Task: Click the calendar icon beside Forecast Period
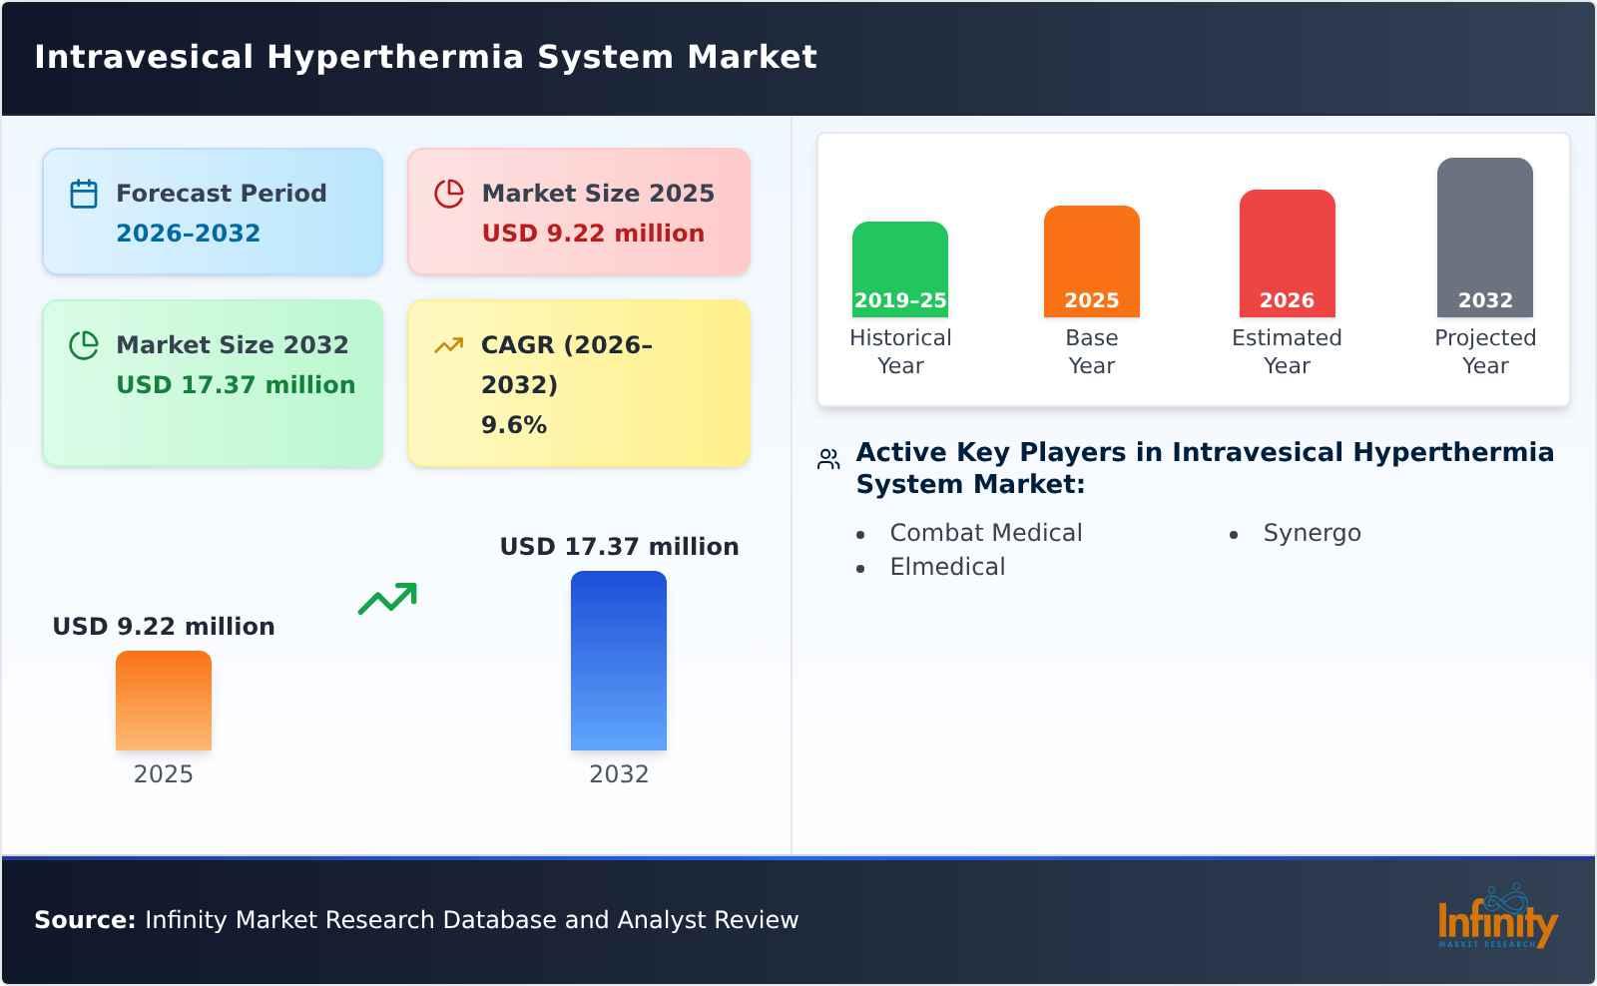coord(84,194)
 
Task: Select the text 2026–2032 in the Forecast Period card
coord(188,234)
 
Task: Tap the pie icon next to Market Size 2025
coord(449,194)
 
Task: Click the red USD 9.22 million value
coord(593,234)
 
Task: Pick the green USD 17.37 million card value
coord(236,385)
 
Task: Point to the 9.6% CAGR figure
coord(513,425)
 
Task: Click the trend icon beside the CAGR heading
coord(449,345)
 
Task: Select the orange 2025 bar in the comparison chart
coord(164,701)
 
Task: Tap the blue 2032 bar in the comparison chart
coord(618,661)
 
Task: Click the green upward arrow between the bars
coord(387,599)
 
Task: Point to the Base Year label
coord(1091,351)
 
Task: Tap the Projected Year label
coord(1484,351)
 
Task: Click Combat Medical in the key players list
coord(985,533)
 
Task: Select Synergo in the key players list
coord(1312,533)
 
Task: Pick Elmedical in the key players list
coord(947,567)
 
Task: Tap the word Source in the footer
coord(84,920)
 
